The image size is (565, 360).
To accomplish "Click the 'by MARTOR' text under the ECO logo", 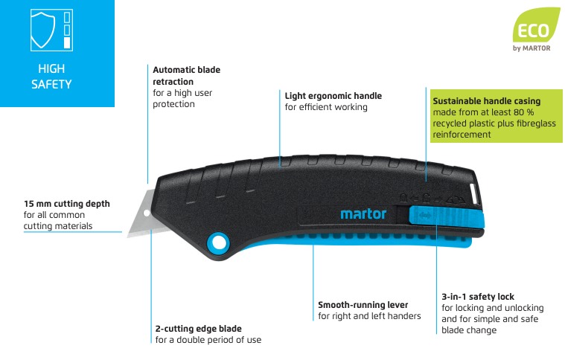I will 533,49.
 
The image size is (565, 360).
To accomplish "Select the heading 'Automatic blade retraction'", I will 186,75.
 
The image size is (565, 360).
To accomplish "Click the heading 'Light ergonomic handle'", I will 333,95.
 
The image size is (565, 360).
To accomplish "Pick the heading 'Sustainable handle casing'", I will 486,100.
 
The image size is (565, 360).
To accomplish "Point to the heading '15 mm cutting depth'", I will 67,203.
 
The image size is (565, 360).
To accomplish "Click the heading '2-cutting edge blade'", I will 198,328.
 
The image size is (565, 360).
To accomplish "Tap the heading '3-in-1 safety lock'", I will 478,296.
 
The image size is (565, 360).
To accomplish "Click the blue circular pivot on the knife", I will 218,242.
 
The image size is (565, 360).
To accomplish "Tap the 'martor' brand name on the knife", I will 363,215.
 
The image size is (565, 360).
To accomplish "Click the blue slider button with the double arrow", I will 425,216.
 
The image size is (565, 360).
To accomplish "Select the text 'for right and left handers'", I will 369,316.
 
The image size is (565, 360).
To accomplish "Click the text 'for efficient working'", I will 326,107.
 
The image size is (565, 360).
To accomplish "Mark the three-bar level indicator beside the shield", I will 68,30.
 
